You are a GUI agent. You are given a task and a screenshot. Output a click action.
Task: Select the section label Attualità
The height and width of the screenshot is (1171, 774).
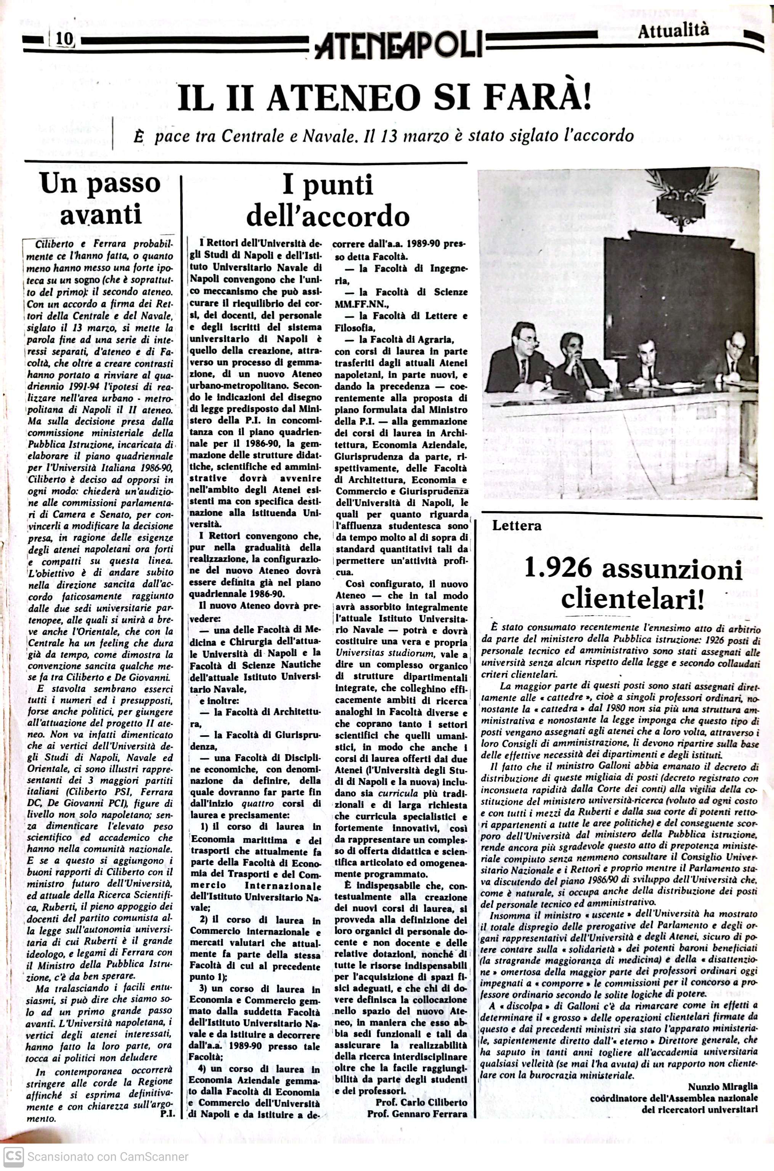tap(673, 32)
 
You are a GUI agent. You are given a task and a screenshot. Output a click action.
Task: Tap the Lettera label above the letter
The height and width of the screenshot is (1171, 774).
tap(516, 526)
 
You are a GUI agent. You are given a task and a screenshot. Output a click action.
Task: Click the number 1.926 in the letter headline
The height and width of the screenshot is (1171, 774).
tap(558, 568)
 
